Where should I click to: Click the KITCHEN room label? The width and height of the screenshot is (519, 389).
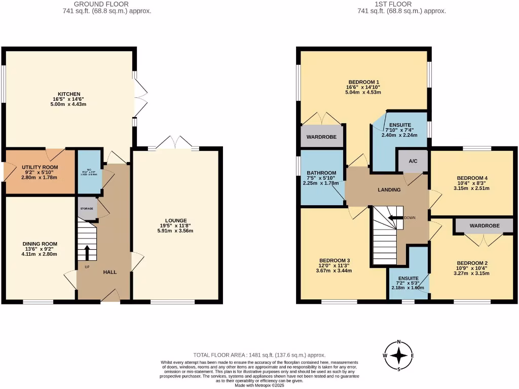69,94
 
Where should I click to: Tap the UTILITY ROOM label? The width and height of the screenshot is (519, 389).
40,167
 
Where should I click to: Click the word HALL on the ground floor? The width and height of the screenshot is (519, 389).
110,272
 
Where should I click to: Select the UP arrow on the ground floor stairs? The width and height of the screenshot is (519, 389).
87,252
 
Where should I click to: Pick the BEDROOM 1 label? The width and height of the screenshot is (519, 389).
363,82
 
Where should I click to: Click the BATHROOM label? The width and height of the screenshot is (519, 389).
322,173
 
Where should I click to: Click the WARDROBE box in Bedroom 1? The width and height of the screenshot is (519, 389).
322,137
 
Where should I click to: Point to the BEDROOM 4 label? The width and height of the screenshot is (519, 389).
472,178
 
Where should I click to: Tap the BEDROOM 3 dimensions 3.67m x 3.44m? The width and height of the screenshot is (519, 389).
334,270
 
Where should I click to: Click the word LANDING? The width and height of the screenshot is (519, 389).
389,190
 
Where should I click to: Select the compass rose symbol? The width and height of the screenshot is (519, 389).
399,356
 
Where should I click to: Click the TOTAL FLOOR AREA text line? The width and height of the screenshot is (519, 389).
259,356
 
